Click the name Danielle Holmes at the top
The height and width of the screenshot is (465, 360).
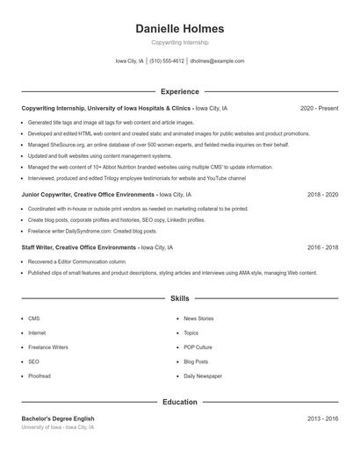click(180, 28)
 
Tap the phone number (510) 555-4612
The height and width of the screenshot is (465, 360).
click(167, 61)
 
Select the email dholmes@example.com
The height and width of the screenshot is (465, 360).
click(217, 61)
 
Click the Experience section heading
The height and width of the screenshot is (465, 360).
click(180, 91)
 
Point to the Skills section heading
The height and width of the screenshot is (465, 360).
click(180, 299)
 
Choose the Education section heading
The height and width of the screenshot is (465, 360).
click(180, 402)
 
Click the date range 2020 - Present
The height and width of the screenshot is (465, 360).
click(319, 108)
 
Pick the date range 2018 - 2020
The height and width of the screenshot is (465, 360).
click(322, 195)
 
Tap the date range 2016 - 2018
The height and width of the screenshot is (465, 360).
click(322, 248)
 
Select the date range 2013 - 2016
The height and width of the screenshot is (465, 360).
click(322, 419)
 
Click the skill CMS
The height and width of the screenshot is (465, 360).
click(33, 318)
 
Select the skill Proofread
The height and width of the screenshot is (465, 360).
click(40, 376)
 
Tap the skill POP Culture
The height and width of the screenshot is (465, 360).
click(198, 347)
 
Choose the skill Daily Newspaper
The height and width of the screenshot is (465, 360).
click(203, 376)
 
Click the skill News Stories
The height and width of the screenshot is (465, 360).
click(198, 318)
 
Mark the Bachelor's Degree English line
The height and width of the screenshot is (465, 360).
click(58, 419)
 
